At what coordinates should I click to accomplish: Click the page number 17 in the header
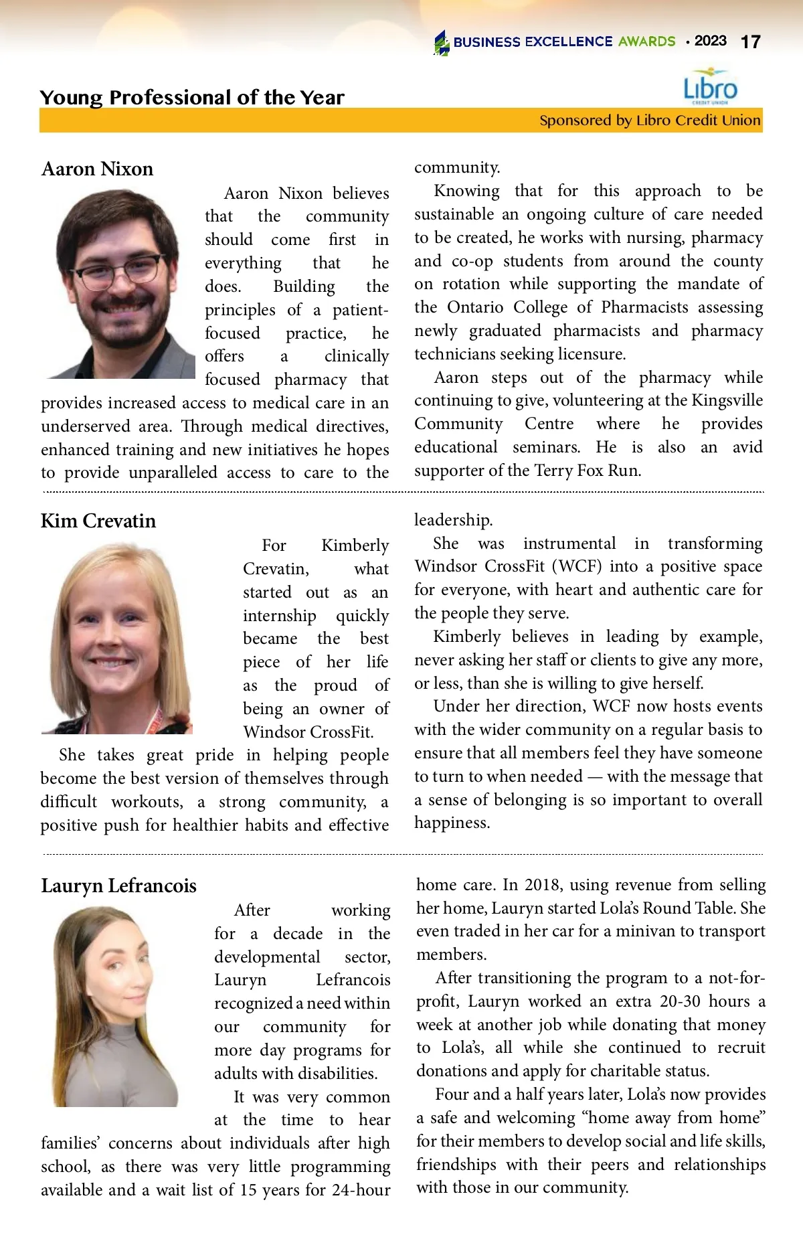(750, 42)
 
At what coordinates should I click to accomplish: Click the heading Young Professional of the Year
(192, 98)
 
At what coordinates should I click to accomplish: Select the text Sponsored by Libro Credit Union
(650, 120)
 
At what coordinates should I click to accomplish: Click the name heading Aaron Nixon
(98, 169)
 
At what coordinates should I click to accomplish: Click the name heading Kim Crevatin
(98, 521)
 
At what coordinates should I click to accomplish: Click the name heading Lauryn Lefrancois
(119, 886)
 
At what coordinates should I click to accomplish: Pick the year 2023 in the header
(710, 41)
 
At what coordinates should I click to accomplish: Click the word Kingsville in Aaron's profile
(727, 400)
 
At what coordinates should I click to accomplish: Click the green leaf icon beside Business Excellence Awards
(442, 43)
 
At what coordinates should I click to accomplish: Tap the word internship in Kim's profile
(280, 616)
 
